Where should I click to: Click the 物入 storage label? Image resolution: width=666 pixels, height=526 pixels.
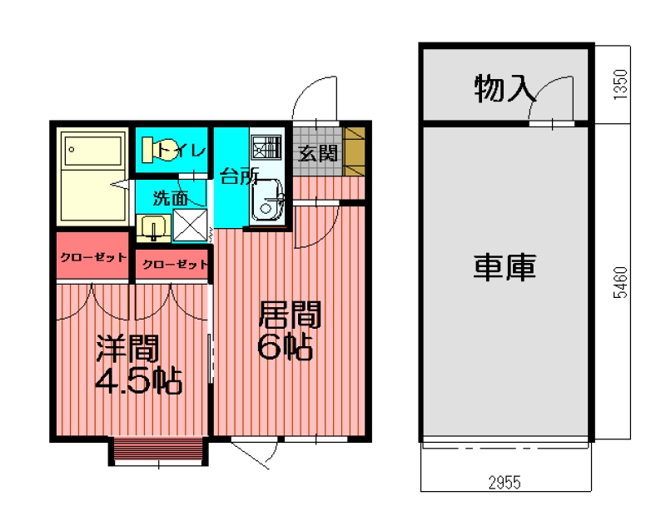click(x=504, y=88)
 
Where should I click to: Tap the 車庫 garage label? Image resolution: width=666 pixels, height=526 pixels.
click(x=504, y=266)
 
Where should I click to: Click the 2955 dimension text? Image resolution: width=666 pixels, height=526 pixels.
click(x=506, y=483)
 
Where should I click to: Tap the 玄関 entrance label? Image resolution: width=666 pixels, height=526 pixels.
click(x=317, y=153)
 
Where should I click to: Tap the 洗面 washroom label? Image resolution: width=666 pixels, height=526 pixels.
click(x=169, y=198)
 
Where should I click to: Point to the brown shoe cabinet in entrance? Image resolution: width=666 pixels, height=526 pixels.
click(x=355, y=150)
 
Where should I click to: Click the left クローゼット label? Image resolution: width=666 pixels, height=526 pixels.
click(x=93, y=257)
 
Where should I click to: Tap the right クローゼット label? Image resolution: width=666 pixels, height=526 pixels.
click(x=173, y=265)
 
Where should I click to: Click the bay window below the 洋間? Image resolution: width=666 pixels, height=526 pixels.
click(x=157, y=450)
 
